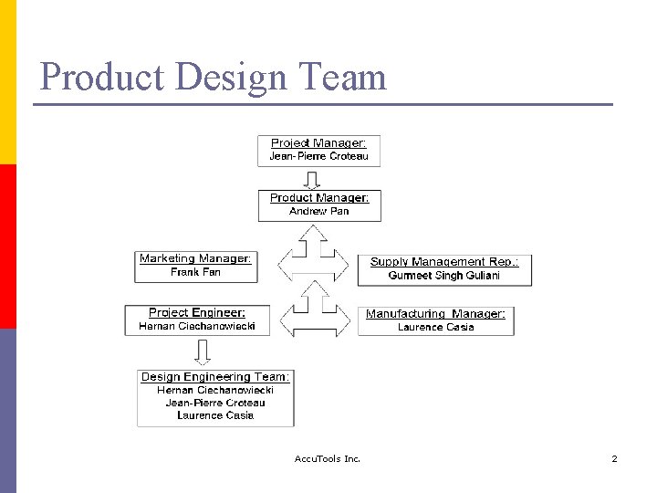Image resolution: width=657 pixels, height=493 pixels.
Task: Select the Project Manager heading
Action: [318, 143]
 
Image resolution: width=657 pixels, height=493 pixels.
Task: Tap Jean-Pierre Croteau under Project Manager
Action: [318, 156]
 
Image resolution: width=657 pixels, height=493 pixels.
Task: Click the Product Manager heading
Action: [319, 198]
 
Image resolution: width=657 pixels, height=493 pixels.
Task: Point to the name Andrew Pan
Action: [319, 211]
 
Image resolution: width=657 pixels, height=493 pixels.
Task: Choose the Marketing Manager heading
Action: [195, 258]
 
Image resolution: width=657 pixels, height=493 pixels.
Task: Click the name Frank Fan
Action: [195, 272]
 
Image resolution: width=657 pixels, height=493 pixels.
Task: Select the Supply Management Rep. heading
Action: [444, 262]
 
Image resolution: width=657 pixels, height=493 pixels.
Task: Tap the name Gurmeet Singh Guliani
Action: [444, 275]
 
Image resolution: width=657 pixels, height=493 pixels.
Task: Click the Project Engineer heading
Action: [197, 312]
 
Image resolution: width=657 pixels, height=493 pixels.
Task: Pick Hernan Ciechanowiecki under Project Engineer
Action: [197, 326]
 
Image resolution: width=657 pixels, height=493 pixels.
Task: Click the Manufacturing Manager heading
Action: [435, 314]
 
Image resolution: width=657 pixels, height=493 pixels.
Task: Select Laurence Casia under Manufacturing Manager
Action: [435, 327]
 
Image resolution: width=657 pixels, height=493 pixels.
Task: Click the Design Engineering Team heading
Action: [215, 377]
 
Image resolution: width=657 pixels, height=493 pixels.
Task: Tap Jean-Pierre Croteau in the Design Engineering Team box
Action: [215, 403]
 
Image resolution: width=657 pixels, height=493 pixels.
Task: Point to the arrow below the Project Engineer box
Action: [203, 351]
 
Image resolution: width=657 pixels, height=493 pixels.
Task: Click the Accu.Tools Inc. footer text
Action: [328, 458]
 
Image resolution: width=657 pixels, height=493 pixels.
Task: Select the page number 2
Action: [614, 458]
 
